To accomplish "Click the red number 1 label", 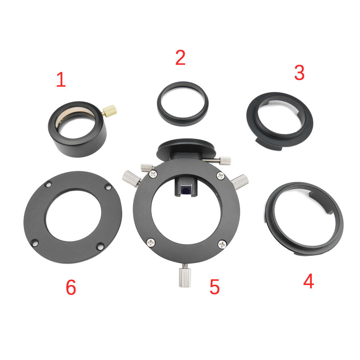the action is pos(61,80).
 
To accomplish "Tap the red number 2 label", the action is pos(180,57).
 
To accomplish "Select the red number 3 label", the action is pos(300,73).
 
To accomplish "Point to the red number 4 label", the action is pos(309,281).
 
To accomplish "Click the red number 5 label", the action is pos(215,287).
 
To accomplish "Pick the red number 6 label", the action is pos(71,287).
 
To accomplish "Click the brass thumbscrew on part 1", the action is pos(109,111).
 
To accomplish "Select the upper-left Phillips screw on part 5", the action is pos(153,174).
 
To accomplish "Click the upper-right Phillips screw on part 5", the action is pos(220,176).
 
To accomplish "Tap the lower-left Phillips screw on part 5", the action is pos(150,242).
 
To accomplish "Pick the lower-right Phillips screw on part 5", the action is pos(222,244).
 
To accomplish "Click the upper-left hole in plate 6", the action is pos(49,184).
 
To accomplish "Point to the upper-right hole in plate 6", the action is pos(108,186).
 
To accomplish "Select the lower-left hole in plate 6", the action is pos(35,242).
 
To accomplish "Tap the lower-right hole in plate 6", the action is pos(100,246).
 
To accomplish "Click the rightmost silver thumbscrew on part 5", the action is pos(240,181).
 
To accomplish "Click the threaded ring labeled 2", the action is pos(183,104).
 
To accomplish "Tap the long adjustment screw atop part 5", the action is pos(216,160).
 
